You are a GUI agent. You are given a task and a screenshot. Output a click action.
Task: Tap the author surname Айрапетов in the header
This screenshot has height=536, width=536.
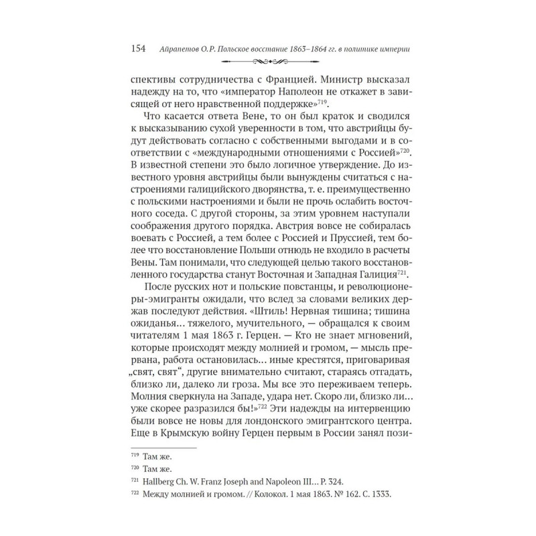click(x=182, y=48)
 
